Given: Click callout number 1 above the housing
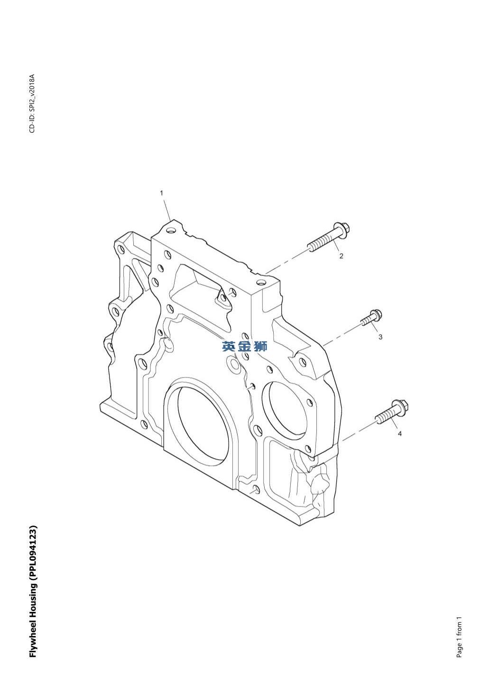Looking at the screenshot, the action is pos(161,193).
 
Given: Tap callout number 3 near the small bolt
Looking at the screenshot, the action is pos(380,337).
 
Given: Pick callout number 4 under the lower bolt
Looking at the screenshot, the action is pos(400,434).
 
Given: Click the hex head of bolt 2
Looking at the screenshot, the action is pos(342,230).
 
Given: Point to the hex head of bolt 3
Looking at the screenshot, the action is pos(376,315).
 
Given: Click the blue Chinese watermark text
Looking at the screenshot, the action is pos(244,346).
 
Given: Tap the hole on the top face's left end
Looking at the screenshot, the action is pos(170,231).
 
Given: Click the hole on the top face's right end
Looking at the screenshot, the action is pos(262,282).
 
